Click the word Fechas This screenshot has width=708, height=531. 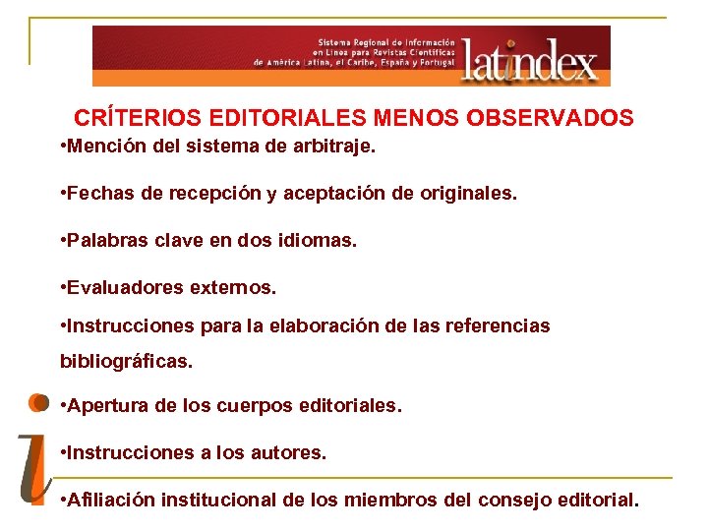(102, 194)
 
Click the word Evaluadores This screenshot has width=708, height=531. (123, 288)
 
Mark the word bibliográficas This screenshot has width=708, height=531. (127, 361)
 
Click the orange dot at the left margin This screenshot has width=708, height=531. (37, 402)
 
